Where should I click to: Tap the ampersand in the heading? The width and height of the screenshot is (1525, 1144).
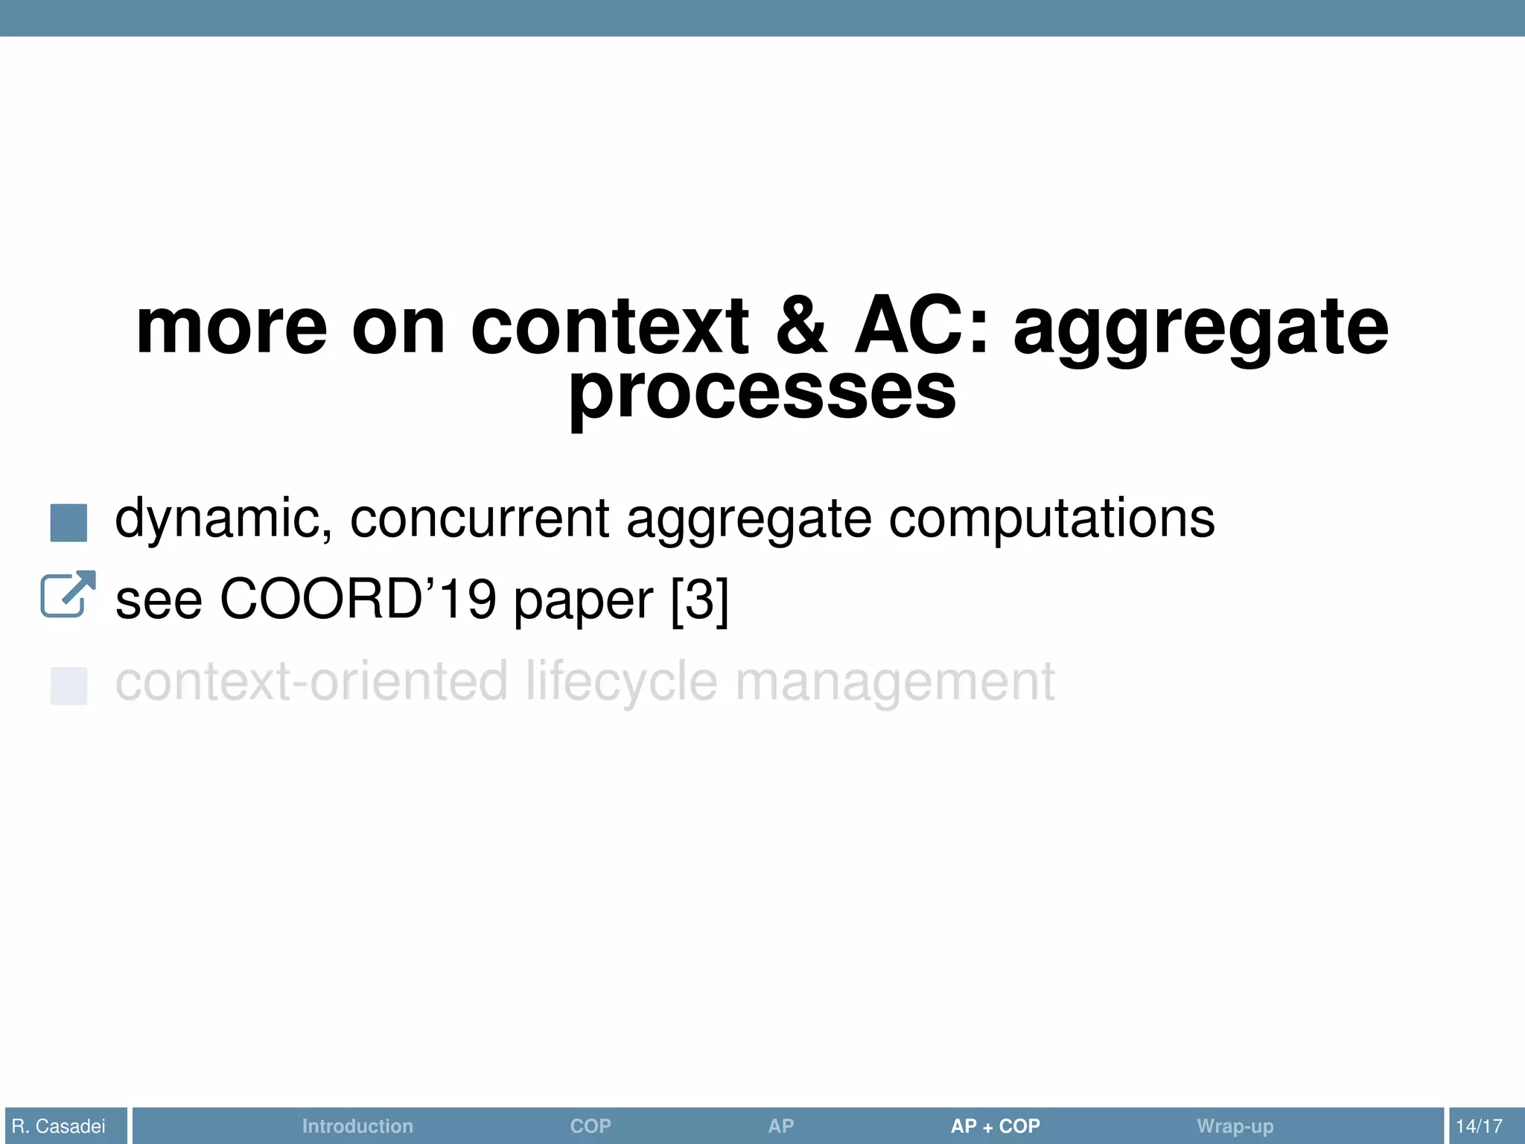[800, 328]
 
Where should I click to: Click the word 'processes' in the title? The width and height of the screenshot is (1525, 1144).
[762, 393]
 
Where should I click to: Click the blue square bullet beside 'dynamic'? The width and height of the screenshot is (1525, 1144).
[69, 523]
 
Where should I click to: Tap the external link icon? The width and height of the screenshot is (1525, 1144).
[68, 594]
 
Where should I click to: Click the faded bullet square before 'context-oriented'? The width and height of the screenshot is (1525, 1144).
[69, 686]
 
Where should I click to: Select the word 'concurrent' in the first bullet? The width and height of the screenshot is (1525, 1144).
[480, 519]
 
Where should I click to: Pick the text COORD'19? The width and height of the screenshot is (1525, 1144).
[357, 600]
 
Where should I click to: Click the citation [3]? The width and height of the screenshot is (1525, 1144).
[699, 600]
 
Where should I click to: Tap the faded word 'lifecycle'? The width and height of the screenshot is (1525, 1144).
[622, 683]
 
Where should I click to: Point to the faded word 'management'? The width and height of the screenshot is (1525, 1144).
[895, 683]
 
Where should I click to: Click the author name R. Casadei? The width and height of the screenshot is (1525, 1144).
[59, 1126]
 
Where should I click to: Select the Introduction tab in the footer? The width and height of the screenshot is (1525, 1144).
[357, 1126]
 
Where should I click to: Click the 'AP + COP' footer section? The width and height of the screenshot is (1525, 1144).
[995, 1126]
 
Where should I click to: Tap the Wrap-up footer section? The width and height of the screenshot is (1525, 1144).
[1235, 1126]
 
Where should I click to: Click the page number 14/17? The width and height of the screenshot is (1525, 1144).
[1479, 1126]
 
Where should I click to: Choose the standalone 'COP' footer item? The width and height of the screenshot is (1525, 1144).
[590, 1126]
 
